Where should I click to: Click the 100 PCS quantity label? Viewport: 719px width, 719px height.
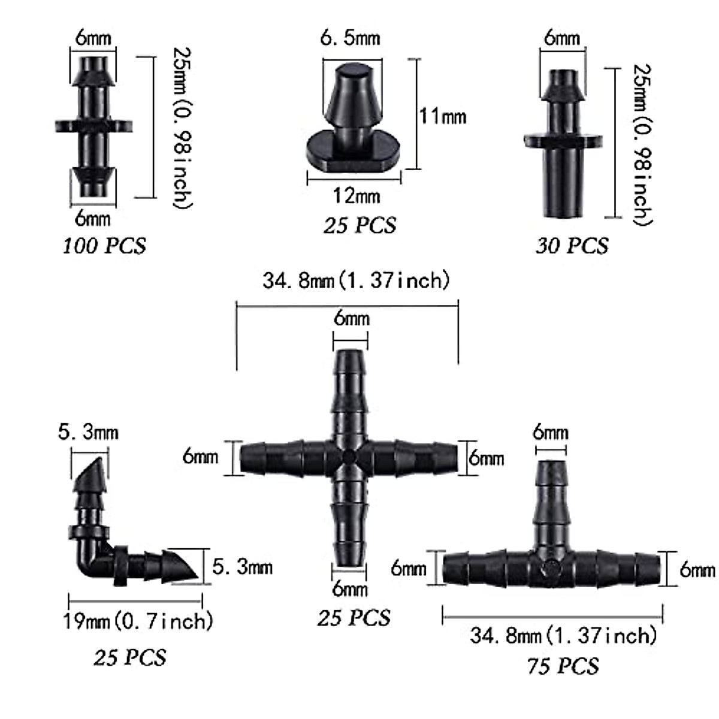tap(104, 246)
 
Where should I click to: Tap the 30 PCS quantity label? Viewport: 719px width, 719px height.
tap(572, 246)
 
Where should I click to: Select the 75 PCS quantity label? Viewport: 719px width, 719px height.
tap(563, 666)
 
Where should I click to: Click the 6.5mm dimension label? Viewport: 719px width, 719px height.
tap(350, 38)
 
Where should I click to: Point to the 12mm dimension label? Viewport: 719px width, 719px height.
tap(357, 195)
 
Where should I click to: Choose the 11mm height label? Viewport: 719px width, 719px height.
tap(442, 115)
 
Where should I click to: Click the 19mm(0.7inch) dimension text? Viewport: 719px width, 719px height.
tap(138, 621)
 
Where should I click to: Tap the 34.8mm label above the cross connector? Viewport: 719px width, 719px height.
tap(356, 280)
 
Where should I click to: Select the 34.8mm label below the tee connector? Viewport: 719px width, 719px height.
tap(563, 635)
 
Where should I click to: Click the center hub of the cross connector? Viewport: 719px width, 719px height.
tap(349, 458)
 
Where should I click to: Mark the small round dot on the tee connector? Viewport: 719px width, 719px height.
tap(549, 566)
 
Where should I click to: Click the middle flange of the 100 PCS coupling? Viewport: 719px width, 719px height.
tap(93, 126)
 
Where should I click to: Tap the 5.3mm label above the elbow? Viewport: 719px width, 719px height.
tap(88, 432)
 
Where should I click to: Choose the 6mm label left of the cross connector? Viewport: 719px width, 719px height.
tap(200, 457)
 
